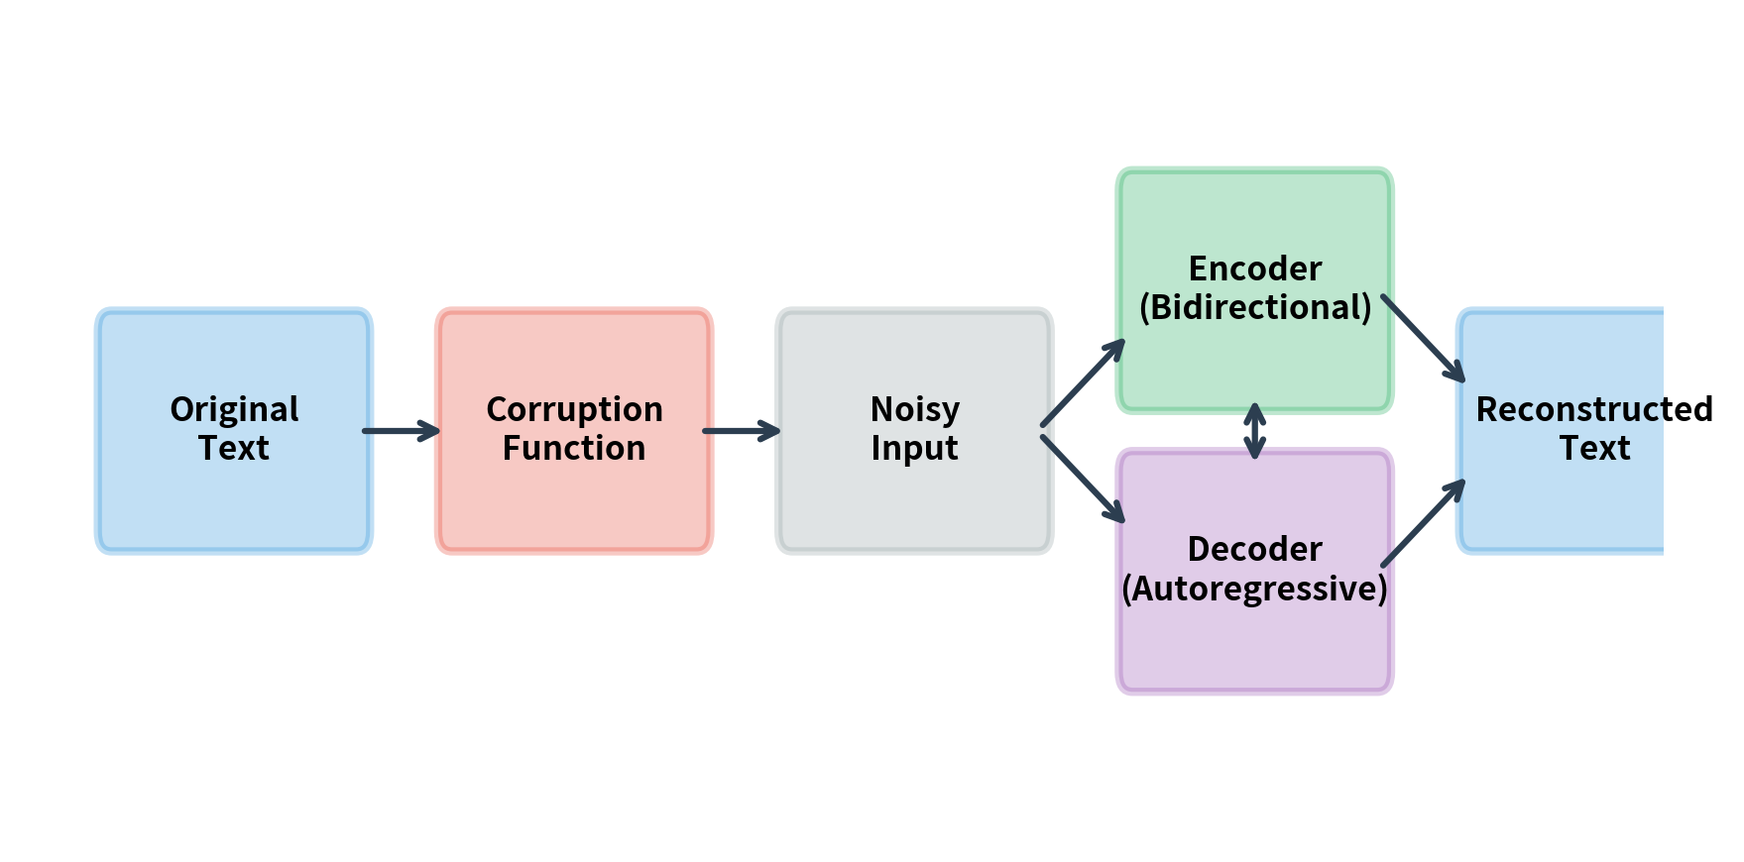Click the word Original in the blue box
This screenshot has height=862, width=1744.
click(x=234, y=409)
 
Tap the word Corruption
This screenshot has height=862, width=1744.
click(x=574, y=409)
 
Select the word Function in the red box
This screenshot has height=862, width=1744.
click(x=574, y=449)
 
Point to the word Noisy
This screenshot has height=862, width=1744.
click(x=914, y=409)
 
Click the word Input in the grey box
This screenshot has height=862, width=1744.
click(x=914, y=449)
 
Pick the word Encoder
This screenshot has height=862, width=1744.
click(x=1254, y=269)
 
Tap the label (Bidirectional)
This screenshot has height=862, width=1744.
click(x=1254, y=308)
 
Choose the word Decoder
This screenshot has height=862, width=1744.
click(x=1254, y=549)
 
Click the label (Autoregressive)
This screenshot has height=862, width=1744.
click(x=1254, y=589)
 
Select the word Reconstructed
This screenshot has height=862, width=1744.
click(x=1593, y=409)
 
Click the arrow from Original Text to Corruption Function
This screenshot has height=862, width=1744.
click(x=401, y=431)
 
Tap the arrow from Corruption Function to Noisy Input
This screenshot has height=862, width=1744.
click(x=741, y=431)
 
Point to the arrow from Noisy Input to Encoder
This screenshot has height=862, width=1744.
click(x=1083, y=383)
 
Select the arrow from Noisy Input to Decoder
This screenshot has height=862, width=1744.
click(x=1083, y=479)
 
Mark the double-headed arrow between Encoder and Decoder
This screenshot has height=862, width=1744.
click(x=1254, y=431)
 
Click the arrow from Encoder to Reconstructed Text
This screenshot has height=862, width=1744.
click(x=1423, y=338)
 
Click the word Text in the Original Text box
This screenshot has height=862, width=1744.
click(x=234, y=449)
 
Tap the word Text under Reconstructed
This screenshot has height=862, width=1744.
click(x=1594, y=449)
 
